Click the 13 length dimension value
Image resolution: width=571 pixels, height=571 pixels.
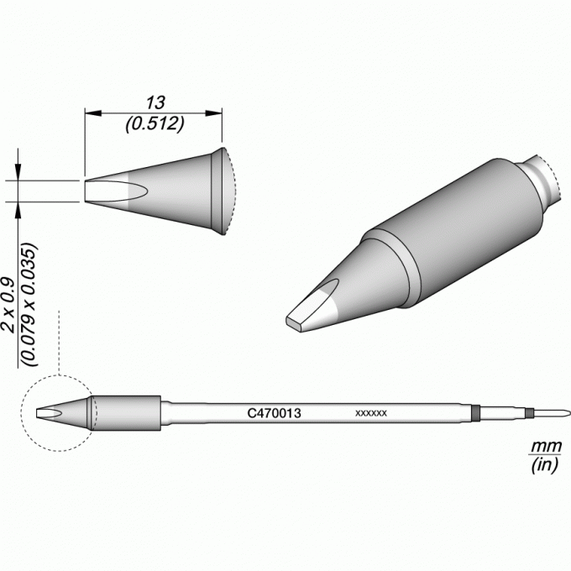[155, 102]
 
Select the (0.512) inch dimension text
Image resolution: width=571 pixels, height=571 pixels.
[155, 124]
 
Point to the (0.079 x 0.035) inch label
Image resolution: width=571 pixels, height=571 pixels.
[29, 305]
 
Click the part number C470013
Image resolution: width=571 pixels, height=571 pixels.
[274, 413]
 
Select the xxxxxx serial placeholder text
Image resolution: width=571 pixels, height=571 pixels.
[371, 413]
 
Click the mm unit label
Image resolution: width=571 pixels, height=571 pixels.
[547, 446]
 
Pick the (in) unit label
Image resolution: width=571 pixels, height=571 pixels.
[544, 465]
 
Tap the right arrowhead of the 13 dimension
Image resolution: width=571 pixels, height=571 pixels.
[214, 113]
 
